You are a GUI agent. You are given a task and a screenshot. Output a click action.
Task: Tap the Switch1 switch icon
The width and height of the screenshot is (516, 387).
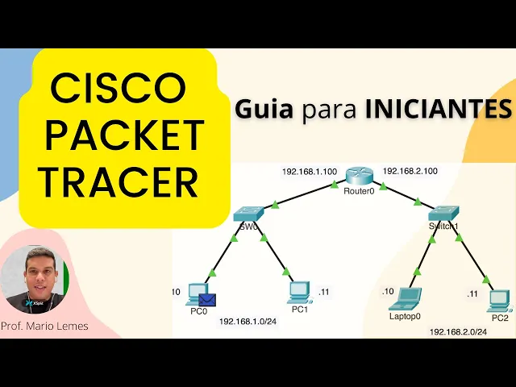pyautogui.click(x=443, y=214)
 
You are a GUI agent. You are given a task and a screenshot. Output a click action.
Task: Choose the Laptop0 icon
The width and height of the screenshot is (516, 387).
pyautogui.click(x=405, y=298)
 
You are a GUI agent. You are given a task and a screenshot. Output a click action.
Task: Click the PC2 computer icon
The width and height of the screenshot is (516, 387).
pyautogui.click(x=500, y=298)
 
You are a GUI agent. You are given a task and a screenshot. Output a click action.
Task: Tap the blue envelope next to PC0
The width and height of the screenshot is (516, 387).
pyautogui.click(x=207, y=302)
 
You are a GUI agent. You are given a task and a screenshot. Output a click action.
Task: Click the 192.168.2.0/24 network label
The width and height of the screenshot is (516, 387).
pyautogui.click(x=458, y=332)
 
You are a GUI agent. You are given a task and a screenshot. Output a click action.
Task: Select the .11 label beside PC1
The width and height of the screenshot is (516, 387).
pyautogui.click(x=324, y=291)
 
